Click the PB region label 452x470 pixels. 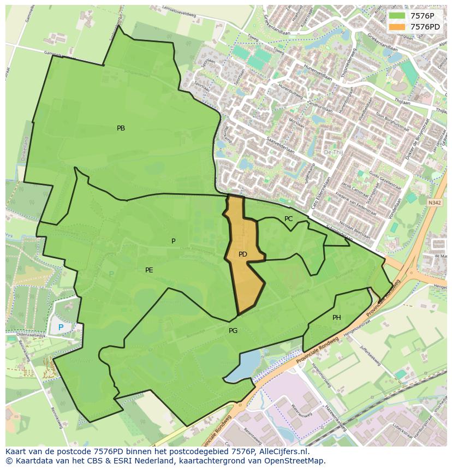coord(121,128)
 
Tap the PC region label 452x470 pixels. coord(288,219)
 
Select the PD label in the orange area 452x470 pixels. coord(243,254)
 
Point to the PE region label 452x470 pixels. coord(149,270)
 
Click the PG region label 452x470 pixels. coord(233,331)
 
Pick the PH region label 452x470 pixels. coord(337,318)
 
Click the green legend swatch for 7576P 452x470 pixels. coord(397,16)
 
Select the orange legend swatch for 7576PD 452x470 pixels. coord(397,27)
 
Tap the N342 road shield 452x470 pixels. coord(434,203)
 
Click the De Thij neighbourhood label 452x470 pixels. coord(333,152)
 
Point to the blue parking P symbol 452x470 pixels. coord(61,328)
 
